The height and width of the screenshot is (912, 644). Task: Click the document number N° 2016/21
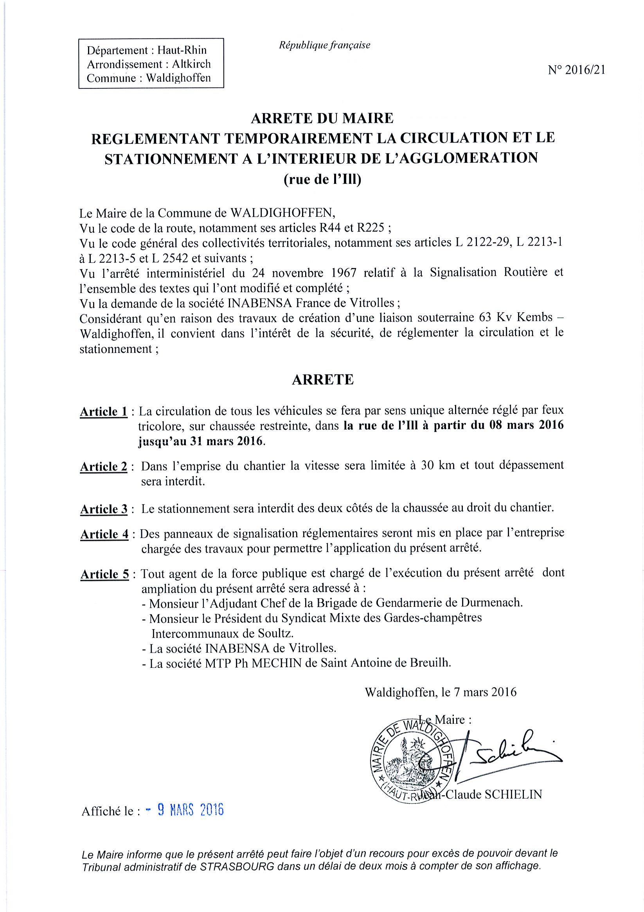[x=576, y=70]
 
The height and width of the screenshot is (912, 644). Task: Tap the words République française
[x=324, y=45]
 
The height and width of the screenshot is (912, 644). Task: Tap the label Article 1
[x=104, y=412]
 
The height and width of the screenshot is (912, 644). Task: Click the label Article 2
[x=104, y=467]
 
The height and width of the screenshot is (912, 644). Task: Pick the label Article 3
[x=104, y=509]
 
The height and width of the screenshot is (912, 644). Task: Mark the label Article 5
[x=105, y=574]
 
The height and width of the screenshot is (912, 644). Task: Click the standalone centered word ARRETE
[x=323, y=380]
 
